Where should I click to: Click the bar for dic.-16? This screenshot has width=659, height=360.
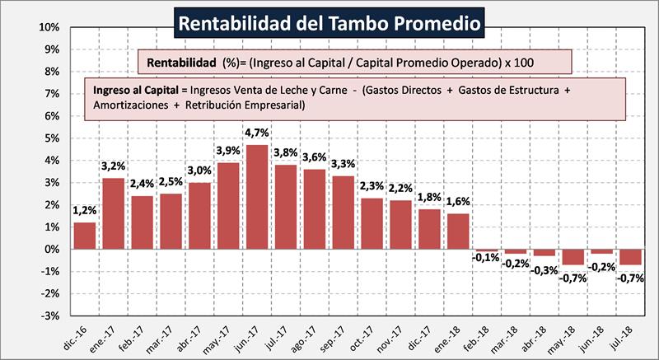tap(84, 236)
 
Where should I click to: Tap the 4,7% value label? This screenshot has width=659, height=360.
tap(256, 132)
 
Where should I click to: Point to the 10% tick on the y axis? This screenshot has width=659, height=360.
tap(49, 27)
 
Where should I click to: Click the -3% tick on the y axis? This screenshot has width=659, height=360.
tap(49, 316)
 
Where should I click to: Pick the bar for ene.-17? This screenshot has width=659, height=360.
tap(113, 213)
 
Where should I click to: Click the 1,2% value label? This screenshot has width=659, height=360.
tap(84, 210)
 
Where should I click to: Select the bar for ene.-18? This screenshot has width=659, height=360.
tap(457, 231)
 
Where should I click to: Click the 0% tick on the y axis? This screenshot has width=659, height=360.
tap(52, 249)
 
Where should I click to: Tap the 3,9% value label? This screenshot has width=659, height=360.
tap(228, 150)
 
